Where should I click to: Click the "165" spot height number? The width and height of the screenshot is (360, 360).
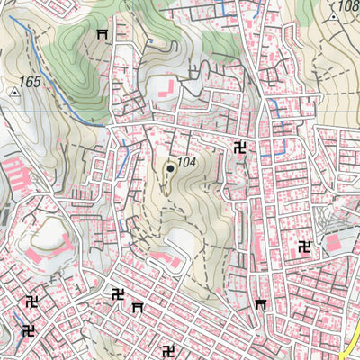30,82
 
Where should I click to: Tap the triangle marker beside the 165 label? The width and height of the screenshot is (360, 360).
14,91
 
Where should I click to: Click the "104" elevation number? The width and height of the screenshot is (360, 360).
186,163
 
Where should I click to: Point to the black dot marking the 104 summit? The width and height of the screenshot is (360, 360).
169,167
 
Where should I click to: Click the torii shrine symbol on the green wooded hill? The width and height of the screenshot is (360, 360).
102,34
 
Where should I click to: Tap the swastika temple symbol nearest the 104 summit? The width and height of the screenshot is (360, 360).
240,148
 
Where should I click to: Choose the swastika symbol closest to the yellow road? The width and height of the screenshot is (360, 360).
304,247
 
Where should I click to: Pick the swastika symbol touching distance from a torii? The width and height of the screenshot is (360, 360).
118,293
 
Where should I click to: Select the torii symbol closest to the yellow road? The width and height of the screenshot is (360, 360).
262,305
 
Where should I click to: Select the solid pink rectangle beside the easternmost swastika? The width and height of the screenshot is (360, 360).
334,243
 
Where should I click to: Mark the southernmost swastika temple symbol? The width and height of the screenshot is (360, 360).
167,349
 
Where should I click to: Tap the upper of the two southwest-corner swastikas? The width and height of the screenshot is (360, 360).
32,301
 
